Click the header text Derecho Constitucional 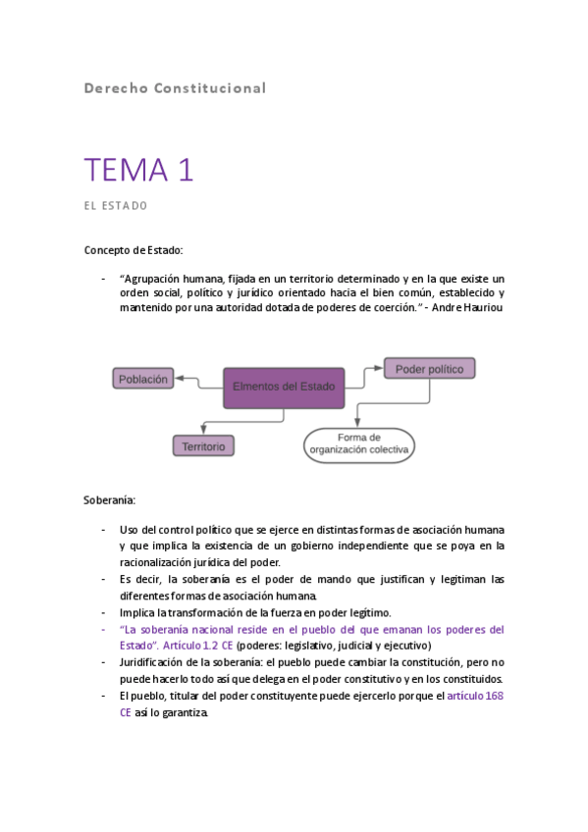click(x=175, y=88)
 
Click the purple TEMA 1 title click(x=138, y=170)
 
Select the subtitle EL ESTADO click(x=115, y=206)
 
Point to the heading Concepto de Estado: click(x=134, y=251)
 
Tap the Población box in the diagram click(x=144, y=379)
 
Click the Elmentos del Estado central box click(x=284, y=387)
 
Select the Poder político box click(x=430, y=369)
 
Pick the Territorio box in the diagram click(x=204, y=446)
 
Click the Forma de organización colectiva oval click(x=359, y=444)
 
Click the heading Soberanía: click(x=110, y=500)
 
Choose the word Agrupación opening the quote click(x=156, y=279)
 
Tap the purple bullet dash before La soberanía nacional click(x=103, y=629)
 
